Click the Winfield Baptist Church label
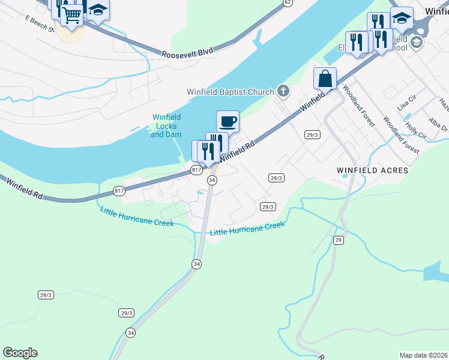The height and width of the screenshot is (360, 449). coord(230,92)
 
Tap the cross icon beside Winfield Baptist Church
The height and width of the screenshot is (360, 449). coord(283,92)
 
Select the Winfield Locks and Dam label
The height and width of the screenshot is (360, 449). coord(166,126)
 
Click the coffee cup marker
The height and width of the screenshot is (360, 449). coord(228,122)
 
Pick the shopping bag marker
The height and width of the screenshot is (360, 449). coord(325,79)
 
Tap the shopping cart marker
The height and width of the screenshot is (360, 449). coord(72,15)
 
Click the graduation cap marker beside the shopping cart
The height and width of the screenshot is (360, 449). coord(97,10)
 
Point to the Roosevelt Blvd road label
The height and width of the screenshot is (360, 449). coord(187,53)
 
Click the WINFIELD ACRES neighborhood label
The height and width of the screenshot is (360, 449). coord(373,171)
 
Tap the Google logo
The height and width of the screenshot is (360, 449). coord(20,353)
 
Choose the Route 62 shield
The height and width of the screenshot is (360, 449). coord(288,2)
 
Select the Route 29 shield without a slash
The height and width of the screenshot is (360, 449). coord(339,240)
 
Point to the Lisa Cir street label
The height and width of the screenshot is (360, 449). coord(408,102)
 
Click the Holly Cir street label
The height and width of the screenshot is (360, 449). coord(415,131)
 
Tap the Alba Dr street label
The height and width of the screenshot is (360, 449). coord(439,125)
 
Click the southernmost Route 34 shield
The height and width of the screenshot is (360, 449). coord(131,332)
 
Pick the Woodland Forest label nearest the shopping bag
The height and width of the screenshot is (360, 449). coord(359,106)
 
